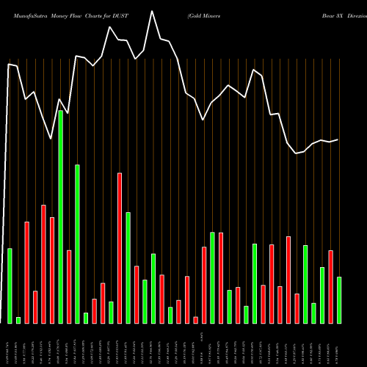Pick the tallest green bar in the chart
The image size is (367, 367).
(x=61, y=217)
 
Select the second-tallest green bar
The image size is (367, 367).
(x=77, y=244)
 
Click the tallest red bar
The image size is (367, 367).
(x=120, y=247)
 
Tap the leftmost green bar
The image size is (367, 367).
(x=10, y=286)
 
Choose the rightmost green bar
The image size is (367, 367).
(x=339, y=299)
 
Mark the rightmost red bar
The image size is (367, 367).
(x=331, y=286)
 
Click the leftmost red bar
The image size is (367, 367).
(x=27, y=272)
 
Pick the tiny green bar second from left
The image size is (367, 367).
(x=18, y=320)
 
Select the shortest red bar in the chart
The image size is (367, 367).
(x=196, y=319)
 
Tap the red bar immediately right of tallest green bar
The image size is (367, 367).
(x=69, y=286)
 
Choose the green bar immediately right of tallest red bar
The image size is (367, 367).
(x=128, y=267)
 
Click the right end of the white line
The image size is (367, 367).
(x=338, y=139)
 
